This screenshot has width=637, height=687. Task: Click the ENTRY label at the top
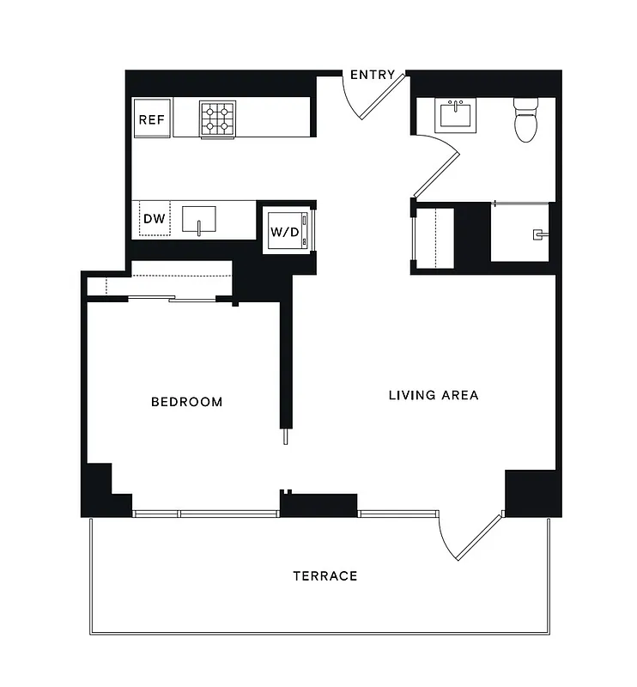tap(373, 75)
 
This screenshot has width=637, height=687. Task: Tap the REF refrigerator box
tap(151, 119)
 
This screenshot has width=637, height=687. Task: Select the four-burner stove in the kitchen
tap(218, 119)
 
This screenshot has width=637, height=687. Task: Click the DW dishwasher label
tap(154, 219)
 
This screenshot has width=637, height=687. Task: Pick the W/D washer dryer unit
tap(285, 231)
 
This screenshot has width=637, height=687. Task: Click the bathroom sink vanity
tap(455, 115)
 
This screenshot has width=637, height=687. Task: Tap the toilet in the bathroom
tap(525, 120)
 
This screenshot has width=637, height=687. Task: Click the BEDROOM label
tap(186, 402)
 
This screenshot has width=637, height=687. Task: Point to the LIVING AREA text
tap(433, 396)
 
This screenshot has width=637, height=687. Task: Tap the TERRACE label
tap(325, 575)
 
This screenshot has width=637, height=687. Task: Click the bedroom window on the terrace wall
tap(206, 514)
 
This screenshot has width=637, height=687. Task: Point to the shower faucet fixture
tap(539, 233)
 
